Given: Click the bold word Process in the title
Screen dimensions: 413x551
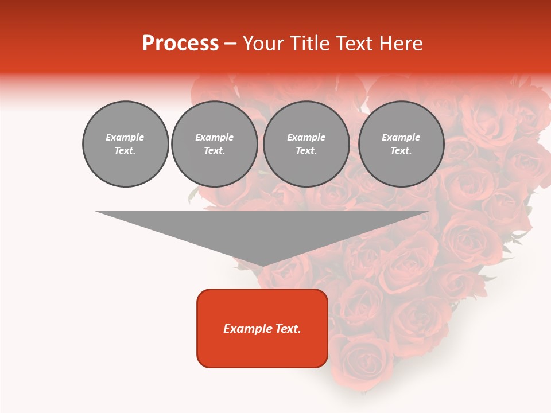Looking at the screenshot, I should pos(180,44).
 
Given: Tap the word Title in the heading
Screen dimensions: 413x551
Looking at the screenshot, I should pos(309,44).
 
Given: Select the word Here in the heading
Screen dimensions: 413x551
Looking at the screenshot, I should pos(401,44).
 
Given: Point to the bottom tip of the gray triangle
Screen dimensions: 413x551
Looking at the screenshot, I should pos(263,266).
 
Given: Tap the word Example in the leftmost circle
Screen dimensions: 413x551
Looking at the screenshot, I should pos(125,137).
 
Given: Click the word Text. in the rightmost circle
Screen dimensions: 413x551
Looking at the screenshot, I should pos(401,150).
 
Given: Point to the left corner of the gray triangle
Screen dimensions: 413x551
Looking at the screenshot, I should pos(97,212).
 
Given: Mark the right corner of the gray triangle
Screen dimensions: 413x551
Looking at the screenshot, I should pos(428,212).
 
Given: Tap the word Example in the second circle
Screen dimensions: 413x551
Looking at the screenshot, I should pos(214,137).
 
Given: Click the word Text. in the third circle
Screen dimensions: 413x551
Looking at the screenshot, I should pos(306,150).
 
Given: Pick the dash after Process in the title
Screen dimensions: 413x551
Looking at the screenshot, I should pos(230,44).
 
